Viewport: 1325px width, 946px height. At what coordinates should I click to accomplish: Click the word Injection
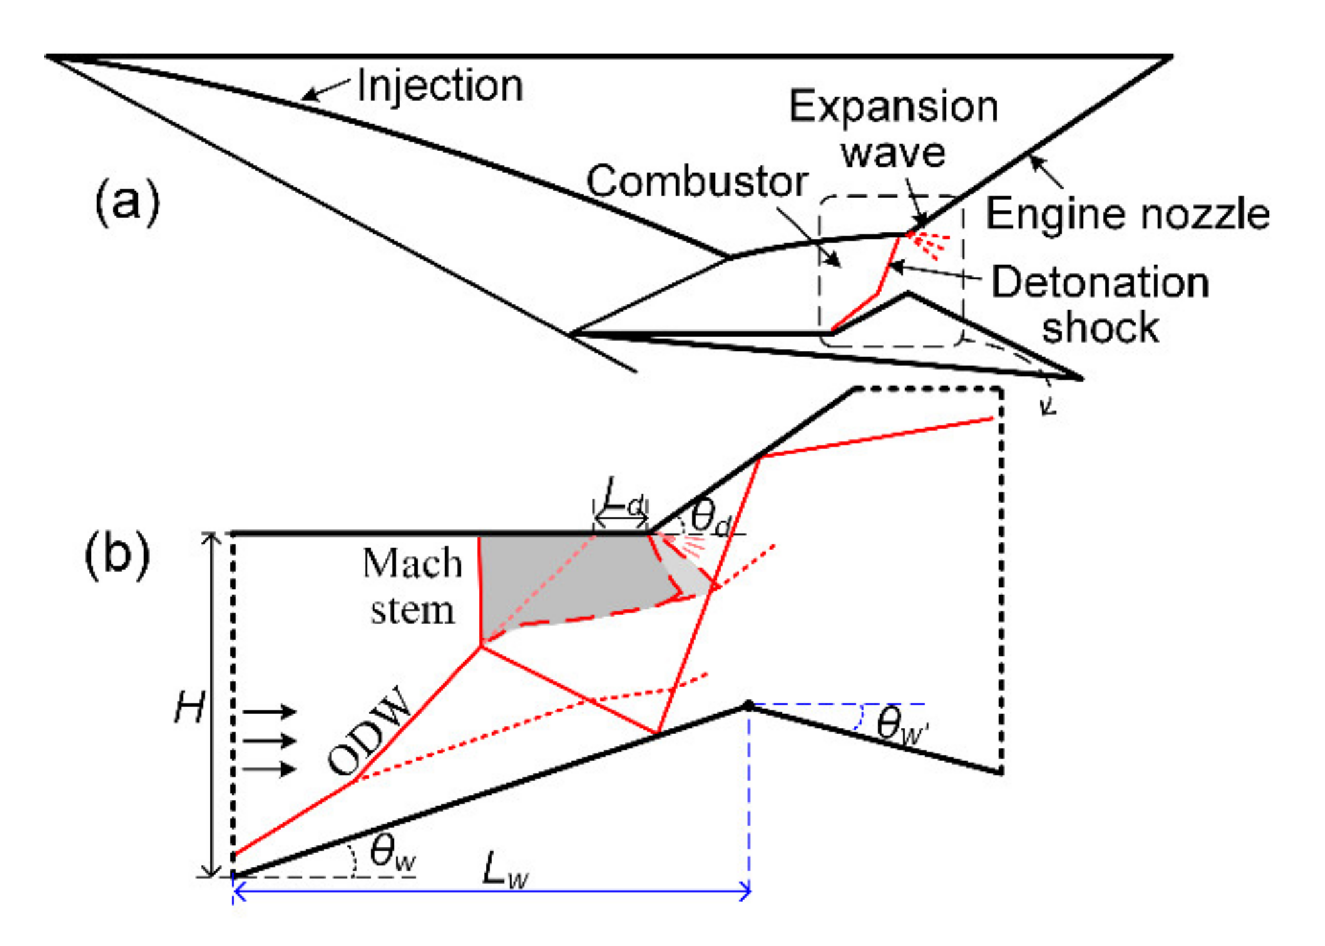[x=440, y=86]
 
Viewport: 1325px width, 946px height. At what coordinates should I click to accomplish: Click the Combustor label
[x=697, y=181]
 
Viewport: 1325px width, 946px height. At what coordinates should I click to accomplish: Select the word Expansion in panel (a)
[x=893, y=107]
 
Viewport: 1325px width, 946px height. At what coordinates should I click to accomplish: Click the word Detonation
[x=1100, y=282]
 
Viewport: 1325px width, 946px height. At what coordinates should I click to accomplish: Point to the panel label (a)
[x=127, y=201]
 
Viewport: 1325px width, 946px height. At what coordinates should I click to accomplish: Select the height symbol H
[x=189, y=708]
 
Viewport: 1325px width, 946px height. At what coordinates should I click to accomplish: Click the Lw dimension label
[x=505, y=870]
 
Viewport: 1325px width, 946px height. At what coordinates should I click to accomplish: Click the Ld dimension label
[x=623, y=497]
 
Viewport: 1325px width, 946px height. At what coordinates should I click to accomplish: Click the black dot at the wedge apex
[x=748, y=705]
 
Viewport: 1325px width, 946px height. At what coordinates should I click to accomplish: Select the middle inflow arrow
[x=269, y=740]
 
